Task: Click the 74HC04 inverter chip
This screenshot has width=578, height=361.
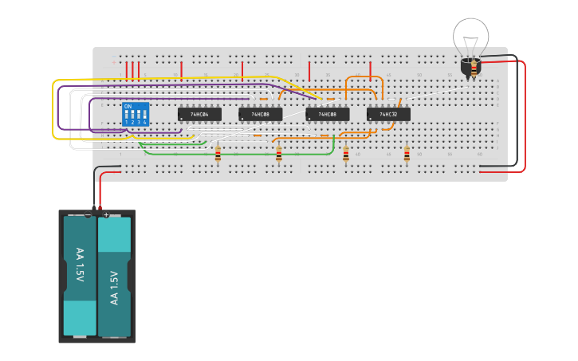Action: click(x=199, y=114)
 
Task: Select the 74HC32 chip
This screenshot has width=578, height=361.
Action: click(x=388, y=114)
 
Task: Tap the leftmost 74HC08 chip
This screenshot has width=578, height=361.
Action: click(x=260, y=114)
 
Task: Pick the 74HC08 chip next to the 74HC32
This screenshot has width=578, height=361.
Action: click(x=327, y=114)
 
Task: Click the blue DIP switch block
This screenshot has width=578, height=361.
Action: click(x=136, y=114)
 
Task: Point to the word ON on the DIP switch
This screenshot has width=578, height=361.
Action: click(x=128, y=106)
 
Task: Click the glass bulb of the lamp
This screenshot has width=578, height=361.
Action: click(x=470, y=36)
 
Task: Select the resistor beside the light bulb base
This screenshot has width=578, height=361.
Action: click(x=474, y=70)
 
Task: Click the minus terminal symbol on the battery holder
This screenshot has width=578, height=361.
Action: click(x=88, y=214)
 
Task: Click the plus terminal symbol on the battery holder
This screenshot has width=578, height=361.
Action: click(x=106, y=214)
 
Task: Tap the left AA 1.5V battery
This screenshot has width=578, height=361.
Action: click(x=80, y=275)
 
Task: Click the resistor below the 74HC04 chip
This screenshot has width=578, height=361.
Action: click(x=218, y=154)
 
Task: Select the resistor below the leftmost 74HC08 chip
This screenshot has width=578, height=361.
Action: click(x=278, y=154)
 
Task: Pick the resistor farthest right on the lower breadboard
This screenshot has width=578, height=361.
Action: click(x=407, y=154)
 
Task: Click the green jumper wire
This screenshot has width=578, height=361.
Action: click(x=239, y=154)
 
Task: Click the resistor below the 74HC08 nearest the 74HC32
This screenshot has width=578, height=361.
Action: click(x=346, y=154)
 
